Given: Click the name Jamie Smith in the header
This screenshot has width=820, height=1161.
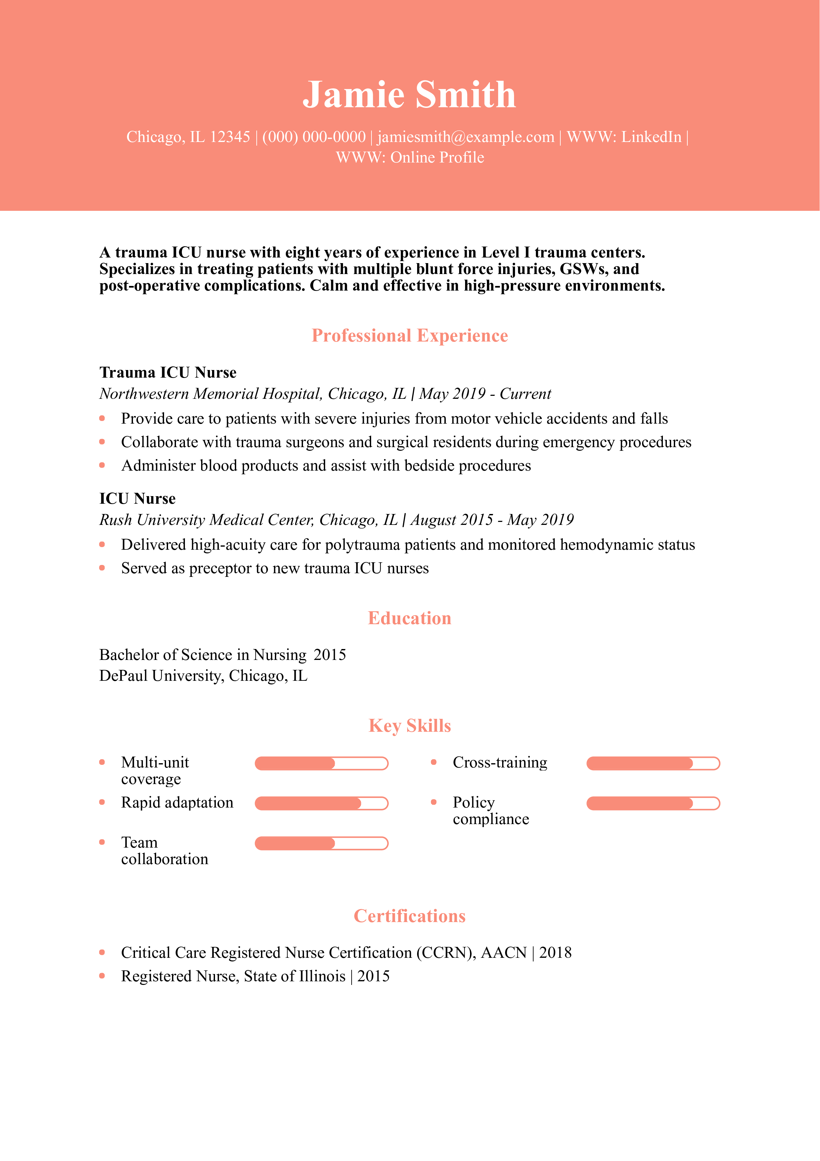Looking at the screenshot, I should click(409, 95).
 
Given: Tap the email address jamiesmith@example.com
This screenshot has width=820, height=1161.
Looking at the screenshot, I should click(465, 137).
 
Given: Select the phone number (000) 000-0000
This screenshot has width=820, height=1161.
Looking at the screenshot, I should click(314, 137).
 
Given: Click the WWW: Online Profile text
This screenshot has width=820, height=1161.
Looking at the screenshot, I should click(410, 158).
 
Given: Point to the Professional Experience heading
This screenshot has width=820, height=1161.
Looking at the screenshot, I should click(410, 336).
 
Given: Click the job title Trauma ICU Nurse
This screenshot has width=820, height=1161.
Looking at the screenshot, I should click(168, 373).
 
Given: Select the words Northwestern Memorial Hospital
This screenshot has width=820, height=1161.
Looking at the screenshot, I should click(210, 394).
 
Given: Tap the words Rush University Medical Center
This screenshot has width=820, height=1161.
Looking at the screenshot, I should click(207, 520).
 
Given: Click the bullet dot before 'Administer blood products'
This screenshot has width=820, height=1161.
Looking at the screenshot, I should click(102, 465).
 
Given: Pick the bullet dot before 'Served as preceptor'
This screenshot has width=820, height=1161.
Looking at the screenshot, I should click(102, 568).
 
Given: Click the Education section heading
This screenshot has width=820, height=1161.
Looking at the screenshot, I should click(410, 619).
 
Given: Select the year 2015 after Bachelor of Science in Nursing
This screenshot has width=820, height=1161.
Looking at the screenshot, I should click(330, 655).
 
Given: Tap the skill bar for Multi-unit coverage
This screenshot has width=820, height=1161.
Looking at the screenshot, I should click(321, 764).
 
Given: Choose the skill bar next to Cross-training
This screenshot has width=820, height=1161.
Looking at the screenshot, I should click(653, 764).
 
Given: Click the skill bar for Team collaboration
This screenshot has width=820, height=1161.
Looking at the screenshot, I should click(321, 843).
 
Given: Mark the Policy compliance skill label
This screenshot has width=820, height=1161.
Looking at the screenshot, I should click(491, 811).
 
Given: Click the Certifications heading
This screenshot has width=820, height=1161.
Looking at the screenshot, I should click(410, 916).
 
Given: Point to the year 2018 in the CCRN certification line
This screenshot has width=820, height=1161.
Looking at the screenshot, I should click(555, 953).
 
